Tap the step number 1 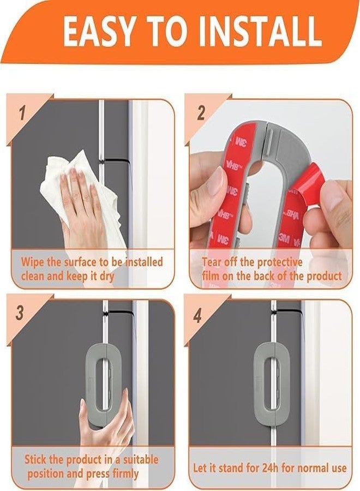tap(22, 113)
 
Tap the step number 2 tap(201, 113)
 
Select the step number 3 tap(20, 313)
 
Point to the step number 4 tap(197, 316)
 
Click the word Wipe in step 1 tap(33, 262)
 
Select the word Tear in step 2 tap(212, 262)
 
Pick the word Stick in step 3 tap(35, 460)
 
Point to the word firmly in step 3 tap(125, 474)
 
